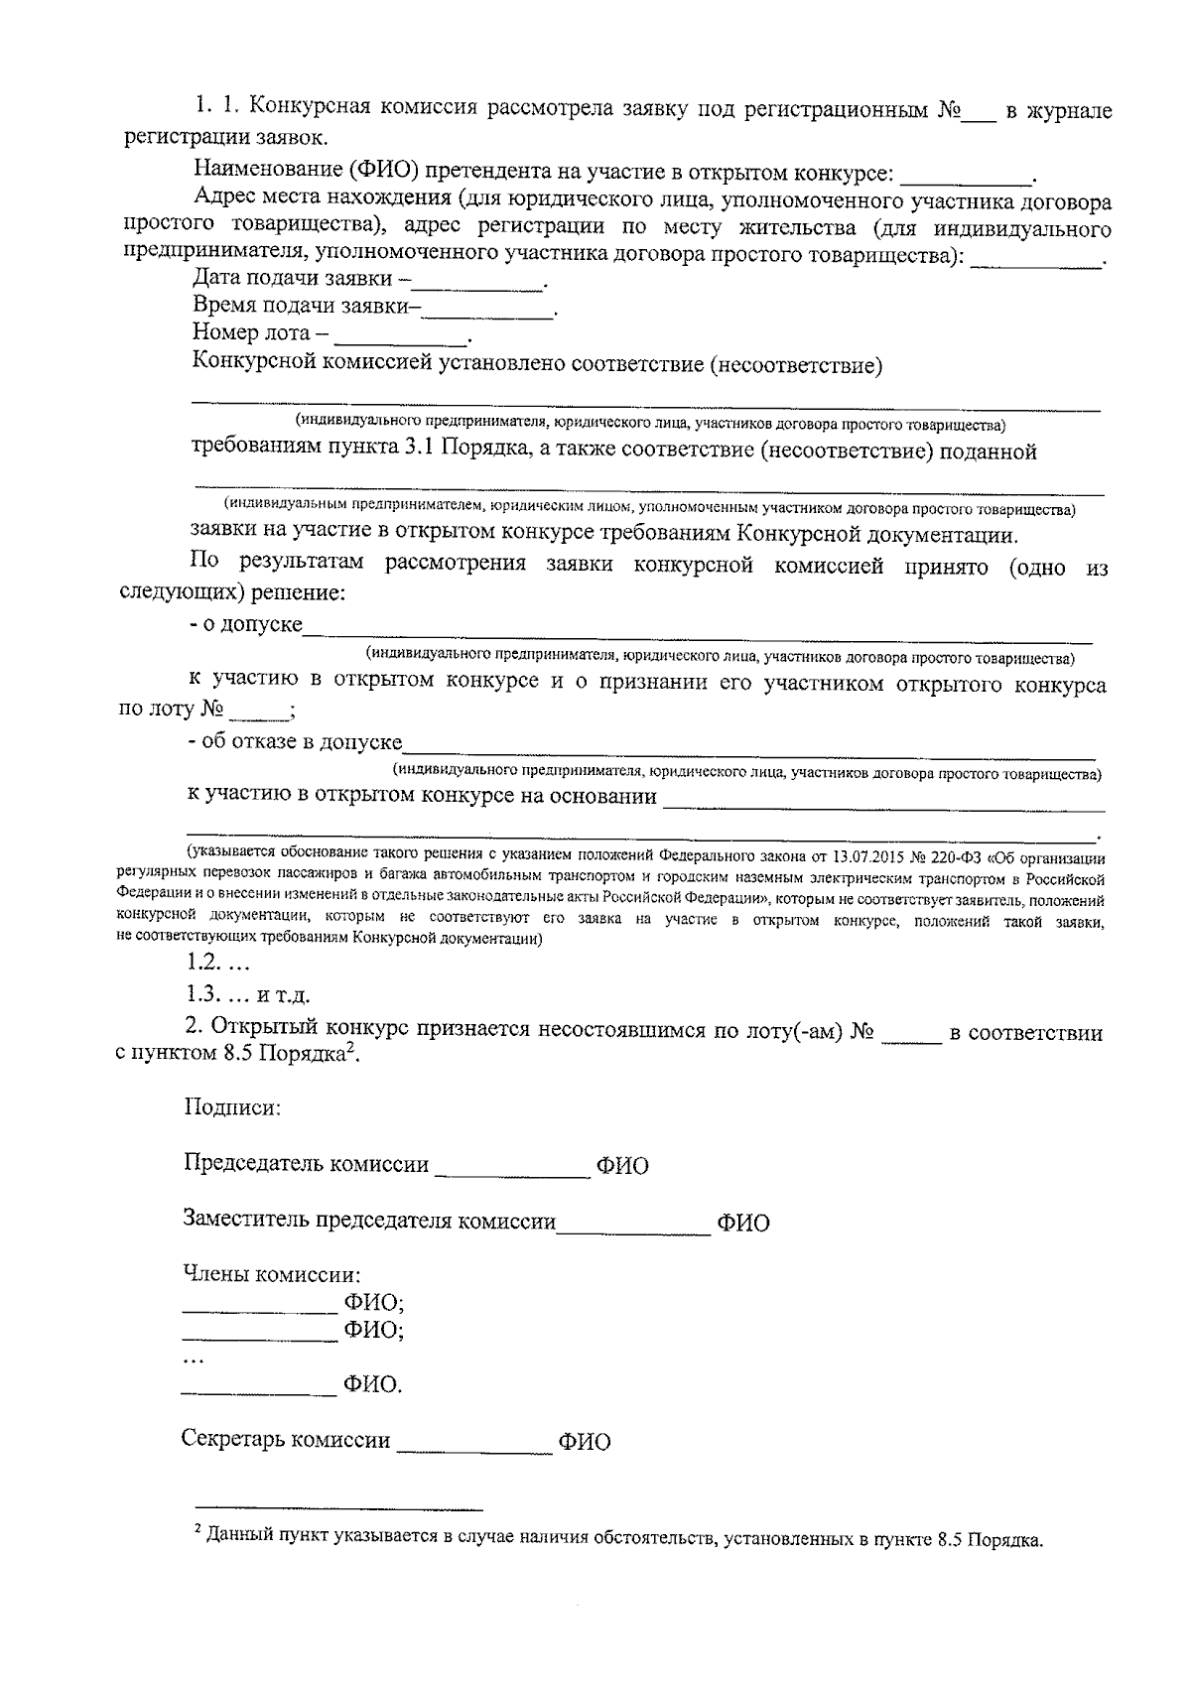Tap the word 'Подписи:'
(232, 1107)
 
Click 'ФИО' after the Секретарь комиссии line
(584, 1442)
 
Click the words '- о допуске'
(245, 625)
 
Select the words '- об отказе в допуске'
(295, 742)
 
